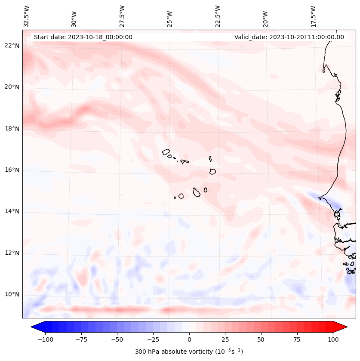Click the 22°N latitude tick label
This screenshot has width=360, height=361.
point(12,46)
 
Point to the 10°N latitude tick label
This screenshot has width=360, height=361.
point(12,295)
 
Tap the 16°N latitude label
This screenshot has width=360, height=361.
point(12,170)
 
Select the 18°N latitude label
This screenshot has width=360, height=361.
point(12,129)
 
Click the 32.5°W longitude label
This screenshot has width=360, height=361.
point(27,16)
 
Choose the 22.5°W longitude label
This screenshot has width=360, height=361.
point(218,16)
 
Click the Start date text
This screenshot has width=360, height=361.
point(83,37)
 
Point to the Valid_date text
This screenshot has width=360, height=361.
point(289,37)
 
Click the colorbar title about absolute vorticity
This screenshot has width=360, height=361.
point(189,352)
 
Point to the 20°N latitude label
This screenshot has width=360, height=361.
point(12,87)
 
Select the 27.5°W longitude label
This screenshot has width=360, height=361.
point(122,16)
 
